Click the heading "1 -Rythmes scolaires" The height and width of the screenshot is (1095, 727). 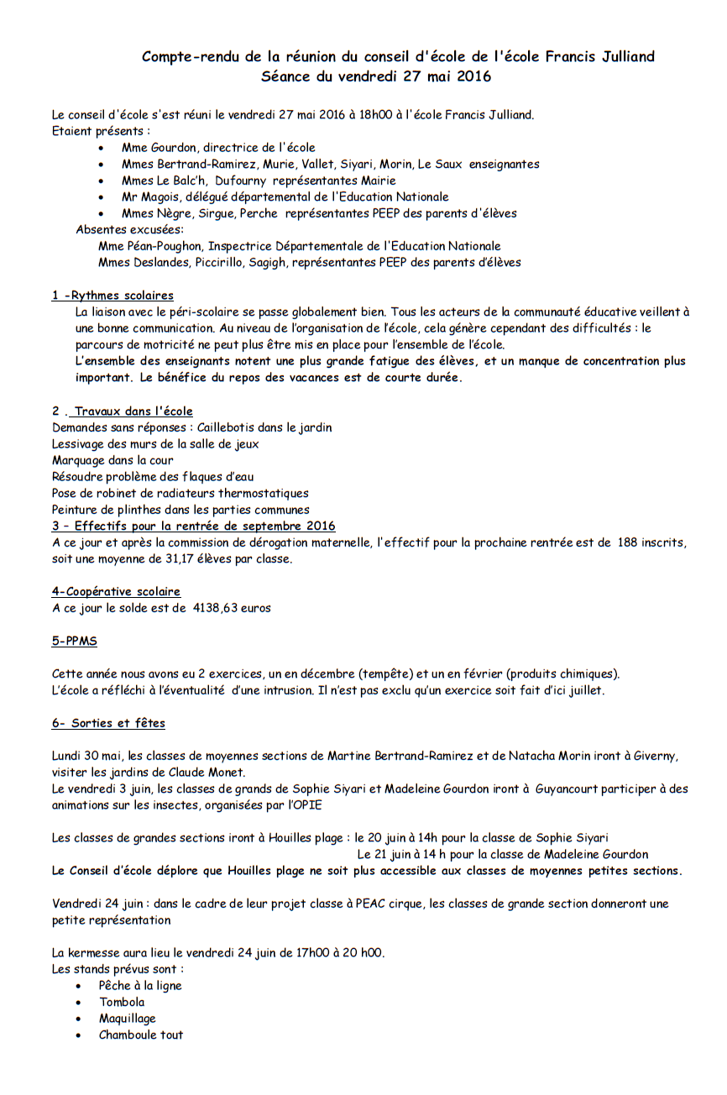click(112, 296)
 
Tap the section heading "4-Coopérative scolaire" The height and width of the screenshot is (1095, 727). click(116, 592)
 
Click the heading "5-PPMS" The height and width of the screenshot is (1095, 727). click(74, 641)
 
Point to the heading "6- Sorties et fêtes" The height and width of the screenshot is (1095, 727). click(108, 723)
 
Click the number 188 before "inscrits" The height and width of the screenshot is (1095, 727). click(627, 542)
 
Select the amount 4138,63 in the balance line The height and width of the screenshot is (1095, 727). click(216, 608)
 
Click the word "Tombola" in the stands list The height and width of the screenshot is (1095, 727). click(122, 1002)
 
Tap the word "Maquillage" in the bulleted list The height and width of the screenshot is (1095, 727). click(128, 1019)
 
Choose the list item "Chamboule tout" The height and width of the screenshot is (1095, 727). click(141, 1035)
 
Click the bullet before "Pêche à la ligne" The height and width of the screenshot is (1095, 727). click(79, 987)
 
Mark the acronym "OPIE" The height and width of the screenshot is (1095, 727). click(306, 805)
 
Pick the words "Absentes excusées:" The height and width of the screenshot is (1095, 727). click(130, 229)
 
